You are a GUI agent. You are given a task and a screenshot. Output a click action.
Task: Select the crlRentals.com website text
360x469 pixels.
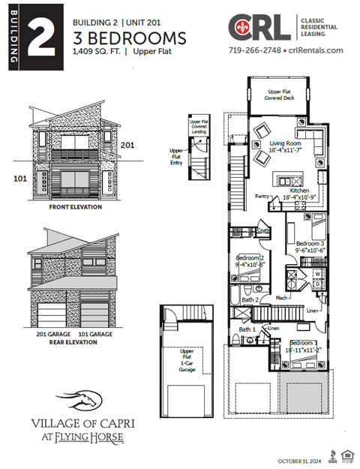click(316, 50)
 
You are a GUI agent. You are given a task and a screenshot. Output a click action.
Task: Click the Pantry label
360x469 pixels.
click(262, 196)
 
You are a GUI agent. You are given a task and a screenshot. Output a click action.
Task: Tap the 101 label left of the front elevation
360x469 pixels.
click(20, 179)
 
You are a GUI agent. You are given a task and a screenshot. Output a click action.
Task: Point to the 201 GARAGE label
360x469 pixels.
click(51, 334)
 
